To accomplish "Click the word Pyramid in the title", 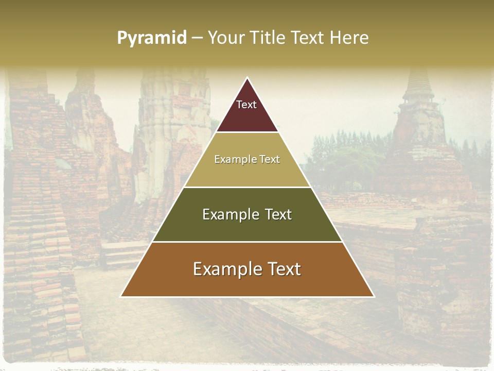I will tap(152, 38).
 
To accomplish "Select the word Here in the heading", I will tap(349, 38).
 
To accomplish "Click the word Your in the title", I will tap(225, 38).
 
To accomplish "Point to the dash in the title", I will tap(197, 38).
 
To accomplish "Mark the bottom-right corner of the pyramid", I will tap(374, 296).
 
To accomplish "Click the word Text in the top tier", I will tap(246, 105).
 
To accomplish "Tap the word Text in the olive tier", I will tap(274, 214).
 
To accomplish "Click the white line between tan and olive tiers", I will tap(247, 187).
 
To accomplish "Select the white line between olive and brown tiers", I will tap(247, 242).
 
